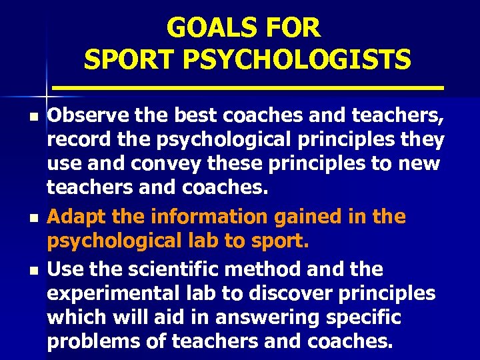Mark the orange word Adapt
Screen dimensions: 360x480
coord(74,217)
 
